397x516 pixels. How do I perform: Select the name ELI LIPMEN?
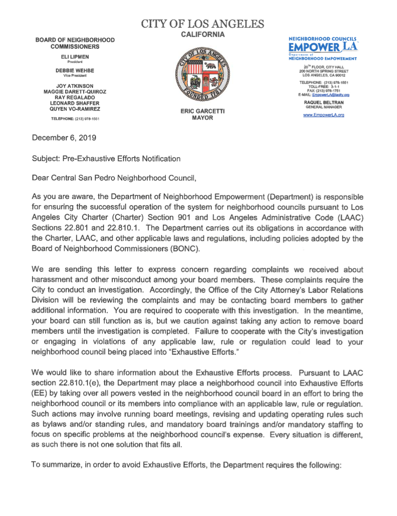[75, 57]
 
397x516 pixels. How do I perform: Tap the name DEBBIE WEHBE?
[75, 71]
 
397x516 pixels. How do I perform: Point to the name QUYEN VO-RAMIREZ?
[75, 108]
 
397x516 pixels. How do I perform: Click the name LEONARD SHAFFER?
[75, 102]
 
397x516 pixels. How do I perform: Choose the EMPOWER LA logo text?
[323, 48]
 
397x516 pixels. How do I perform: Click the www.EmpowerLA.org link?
[324, 115]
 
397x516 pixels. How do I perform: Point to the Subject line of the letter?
[106, 158]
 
